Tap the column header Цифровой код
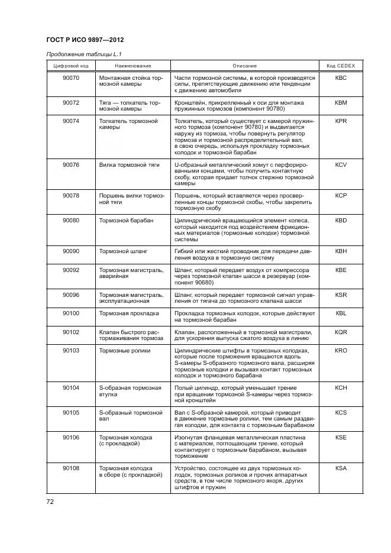[x=71, y=65]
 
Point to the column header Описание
[x=244, y=65]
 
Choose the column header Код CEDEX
[x=341, y=65]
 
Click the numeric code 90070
[x=71, y=78]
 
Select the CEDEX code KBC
[x=341, y=78]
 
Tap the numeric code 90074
[x=71, y=121]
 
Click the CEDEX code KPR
[x=341, y=121]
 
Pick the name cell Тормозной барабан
[x=126, y=221]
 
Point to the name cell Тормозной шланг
[x=123, y=251]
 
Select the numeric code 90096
[x=71, y=295]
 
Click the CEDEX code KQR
[x=341, y=332]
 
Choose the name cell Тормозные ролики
[x=125, y=351]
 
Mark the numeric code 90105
[x=71, y=412]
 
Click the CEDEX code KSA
[x=341, y=467]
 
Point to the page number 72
[x=50, y=502]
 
